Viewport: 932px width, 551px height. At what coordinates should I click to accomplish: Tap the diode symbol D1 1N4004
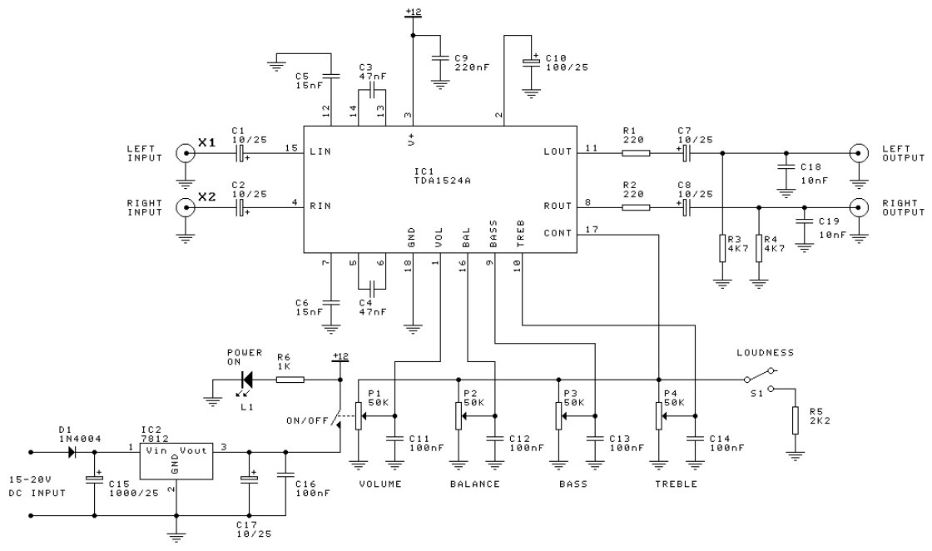click(74, 453)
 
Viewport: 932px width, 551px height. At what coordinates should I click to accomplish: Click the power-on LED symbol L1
click(246, 380)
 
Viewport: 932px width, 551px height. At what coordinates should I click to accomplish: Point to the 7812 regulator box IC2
click(175, 461)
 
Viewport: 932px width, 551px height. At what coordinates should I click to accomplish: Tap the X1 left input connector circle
click(184, 153)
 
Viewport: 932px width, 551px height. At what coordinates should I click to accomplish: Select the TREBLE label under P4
click(677, 484)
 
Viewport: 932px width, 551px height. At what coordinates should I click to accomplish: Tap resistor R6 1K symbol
click(290, 380)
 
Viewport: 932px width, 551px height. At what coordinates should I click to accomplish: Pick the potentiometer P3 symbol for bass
click(558, 414)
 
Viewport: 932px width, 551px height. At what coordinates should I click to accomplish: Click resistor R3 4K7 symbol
click(721, 249)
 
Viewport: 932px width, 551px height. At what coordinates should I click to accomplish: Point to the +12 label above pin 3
click(413, 11)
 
